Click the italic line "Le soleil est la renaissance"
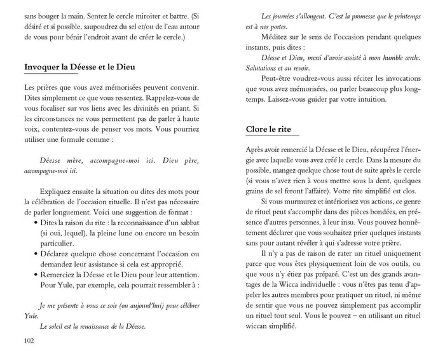click(x=93, y=327)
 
